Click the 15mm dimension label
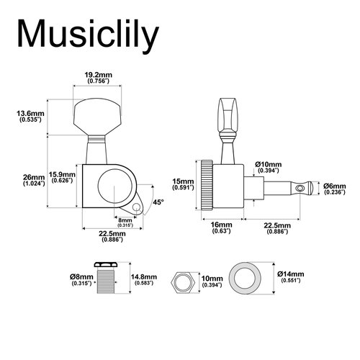coord(184,184)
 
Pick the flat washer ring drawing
coord(249,281)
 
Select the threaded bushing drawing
coord(109,281)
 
